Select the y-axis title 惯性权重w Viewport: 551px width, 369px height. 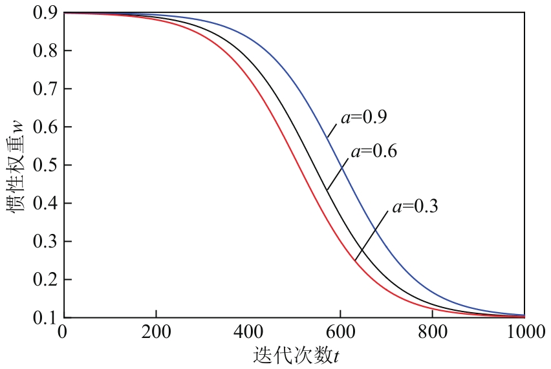click(16, 165)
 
